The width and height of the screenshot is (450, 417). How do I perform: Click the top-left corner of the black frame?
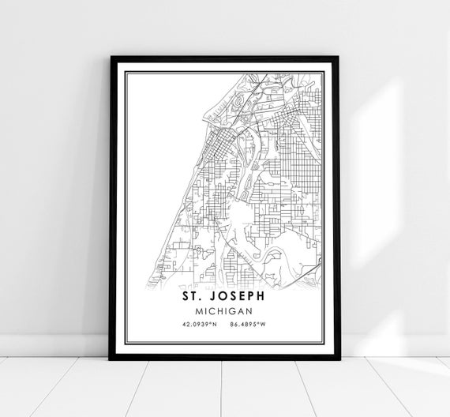(x=111, y=57)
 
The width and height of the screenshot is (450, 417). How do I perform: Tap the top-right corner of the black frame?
(x=339, y=57)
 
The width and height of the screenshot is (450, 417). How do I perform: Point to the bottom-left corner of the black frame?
(x=111, y=359)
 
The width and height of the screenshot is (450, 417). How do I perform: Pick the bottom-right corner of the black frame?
(x=339, y=359)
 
